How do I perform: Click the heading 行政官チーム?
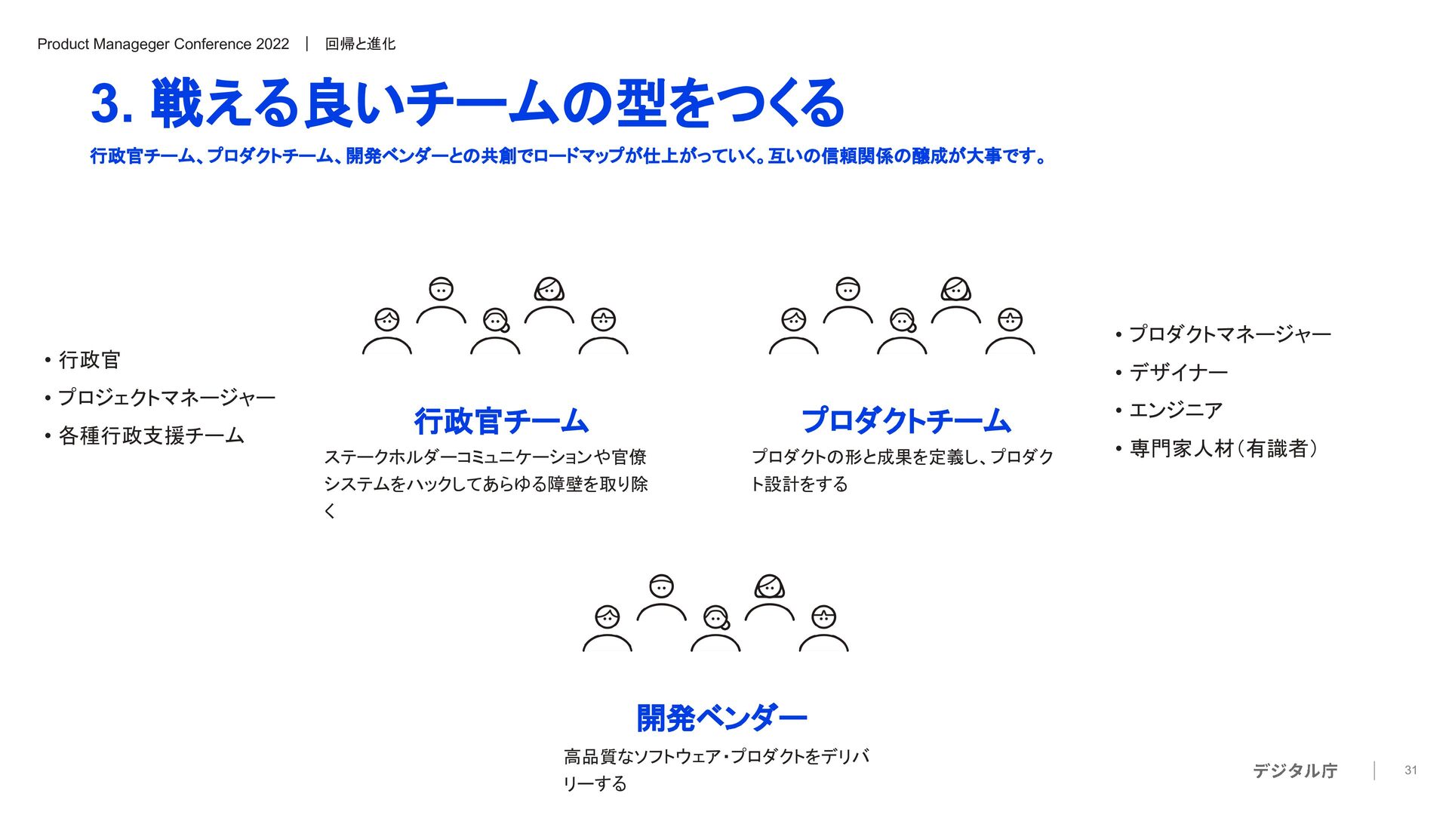pyautogui.click(x=501, y=421)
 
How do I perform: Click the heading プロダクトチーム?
pyautogui.click(x=906, y=421)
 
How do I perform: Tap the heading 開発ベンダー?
pyautogui.click(x=721, y=718)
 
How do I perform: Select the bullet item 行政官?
pyautogui.click(x=89, y=360)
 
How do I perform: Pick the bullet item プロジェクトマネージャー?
pyautogui.click(x=167, y=398)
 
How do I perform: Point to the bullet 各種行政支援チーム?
pyautogui.click(x=151, y=435)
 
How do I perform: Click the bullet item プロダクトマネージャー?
pyautogui.click(x=1229, y=334)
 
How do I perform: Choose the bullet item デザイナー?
pyautogui.click(x=1178, y=372)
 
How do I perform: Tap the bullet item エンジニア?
pyautogui.click(x=1175, y=411)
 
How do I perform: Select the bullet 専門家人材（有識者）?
pyautogui.click(x=1223, y=449)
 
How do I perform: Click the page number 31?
pyautogui.click(x=1411, y=770)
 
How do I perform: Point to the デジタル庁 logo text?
pyautogui.click(x=1295, y=770)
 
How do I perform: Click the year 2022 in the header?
pyautogui.click(x=272, y=45)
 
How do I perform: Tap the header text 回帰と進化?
pyautogui.click(x=360, y=45)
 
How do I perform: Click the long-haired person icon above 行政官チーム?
pyautogui.click(x=549, y=290)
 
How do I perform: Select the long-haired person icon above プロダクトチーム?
pyautogui.click(x=956, y=290)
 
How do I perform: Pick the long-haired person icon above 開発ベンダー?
pyautogui.click(x=770, y=587)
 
